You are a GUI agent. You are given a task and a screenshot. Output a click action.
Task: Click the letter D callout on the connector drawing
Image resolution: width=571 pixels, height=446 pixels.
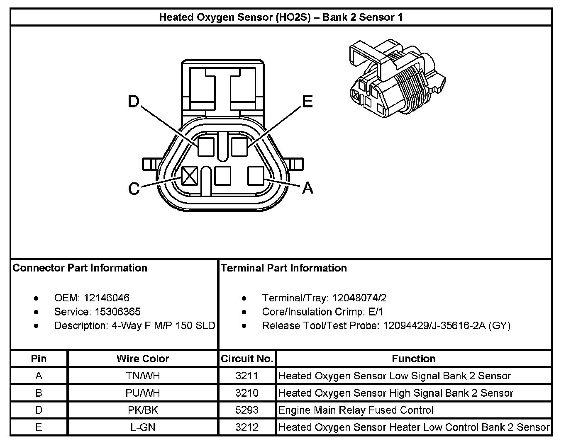pos(133,102)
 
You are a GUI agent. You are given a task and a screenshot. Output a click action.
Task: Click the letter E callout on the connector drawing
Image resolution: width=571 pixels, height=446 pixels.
pos(307,102)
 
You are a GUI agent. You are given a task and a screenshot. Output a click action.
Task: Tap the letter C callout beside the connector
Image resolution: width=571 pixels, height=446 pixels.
pos(134,188)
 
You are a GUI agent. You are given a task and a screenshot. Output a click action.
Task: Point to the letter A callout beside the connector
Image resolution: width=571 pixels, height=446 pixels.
pos(308,188)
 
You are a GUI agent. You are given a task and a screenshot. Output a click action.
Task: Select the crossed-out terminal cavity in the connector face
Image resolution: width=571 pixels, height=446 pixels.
pos(190,175)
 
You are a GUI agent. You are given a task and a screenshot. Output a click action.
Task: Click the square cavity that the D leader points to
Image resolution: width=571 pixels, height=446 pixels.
pos(206,147)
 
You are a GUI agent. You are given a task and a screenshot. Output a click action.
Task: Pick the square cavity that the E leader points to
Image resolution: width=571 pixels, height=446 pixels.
pos(239,147)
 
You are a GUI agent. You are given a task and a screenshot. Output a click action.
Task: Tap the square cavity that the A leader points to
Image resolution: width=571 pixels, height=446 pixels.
pos(256,175)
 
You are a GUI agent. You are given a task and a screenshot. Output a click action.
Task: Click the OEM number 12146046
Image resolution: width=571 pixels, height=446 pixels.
pos(106,298)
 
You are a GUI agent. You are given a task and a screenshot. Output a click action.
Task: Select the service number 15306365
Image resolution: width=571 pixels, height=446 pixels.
pos(117,312)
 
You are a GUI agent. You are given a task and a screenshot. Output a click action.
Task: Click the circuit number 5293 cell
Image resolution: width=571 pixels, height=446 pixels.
pos(247,410)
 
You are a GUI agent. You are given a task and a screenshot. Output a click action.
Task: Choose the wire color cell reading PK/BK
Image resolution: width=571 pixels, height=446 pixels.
pos(143,410)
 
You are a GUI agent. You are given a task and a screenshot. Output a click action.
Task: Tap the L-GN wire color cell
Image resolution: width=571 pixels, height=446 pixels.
pos(143,427)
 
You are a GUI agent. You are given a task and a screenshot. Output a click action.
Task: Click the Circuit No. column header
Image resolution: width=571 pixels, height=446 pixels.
pos(247,359)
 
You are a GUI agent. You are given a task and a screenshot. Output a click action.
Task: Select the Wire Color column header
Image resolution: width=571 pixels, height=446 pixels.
pos(143,359)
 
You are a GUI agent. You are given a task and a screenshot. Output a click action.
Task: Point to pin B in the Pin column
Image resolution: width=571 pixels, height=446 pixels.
pos(39,393)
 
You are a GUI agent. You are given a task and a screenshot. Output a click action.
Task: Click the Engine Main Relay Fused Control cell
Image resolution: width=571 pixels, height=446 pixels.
pos(356,410)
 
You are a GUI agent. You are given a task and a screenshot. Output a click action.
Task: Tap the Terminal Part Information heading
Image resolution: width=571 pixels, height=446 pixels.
pos(284,268)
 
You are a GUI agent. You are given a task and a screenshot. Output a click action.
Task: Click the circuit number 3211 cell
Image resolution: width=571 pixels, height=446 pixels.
pos(247,376)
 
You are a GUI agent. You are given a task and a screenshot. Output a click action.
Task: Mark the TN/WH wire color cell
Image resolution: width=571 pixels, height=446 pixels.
pos(143,376)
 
